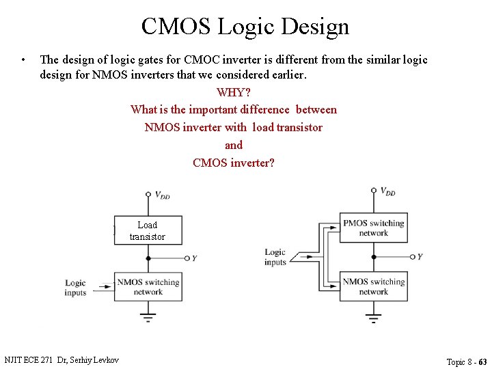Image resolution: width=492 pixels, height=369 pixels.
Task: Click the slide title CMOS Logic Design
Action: click(245, 27)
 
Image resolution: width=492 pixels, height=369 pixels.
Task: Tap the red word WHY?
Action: click(234, 92)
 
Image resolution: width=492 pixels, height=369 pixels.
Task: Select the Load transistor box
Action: click(148, 230)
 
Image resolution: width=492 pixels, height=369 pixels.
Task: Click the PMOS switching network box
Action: click(374, 228)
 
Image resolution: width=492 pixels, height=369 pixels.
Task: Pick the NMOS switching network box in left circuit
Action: click(148, 287)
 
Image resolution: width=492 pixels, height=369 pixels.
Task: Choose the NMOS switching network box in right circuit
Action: click(374, 287)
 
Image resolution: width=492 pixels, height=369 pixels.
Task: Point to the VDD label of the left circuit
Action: click(162, 195)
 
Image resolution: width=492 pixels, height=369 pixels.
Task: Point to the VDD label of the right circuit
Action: click(387, 191)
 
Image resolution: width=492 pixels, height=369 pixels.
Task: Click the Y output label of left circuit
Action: click(195, 258)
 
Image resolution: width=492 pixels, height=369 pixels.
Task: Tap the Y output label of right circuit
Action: click(420, 257)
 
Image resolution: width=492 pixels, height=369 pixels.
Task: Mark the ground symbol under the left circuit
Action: click(148, 317)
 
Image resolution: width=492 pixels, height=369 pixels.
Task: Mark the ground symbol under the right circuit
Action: click(373, 317)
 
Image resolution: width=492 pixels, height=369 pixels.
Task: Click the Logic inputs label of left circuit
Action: click(76, 288)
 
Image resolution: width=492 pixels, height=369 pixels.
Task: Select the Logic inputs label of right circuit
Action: click(275, 257)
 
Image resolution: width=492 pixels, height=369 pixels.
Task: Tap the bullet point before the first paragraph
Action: click(23, 59)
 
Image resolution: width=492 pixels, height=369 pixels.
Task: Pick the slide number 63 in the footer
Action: click(482, 361)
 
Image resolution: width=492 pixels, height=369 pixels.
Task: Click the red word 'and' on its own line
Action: click(234, 145)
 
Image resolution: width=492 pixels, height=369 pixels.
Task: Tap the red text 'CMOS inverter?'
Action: click(234, 163)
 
